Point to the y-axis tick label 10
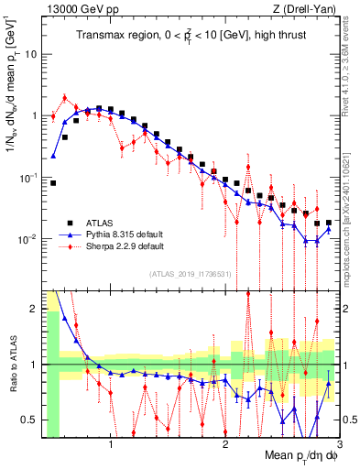30,54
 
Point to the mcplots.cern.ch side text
351,211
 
